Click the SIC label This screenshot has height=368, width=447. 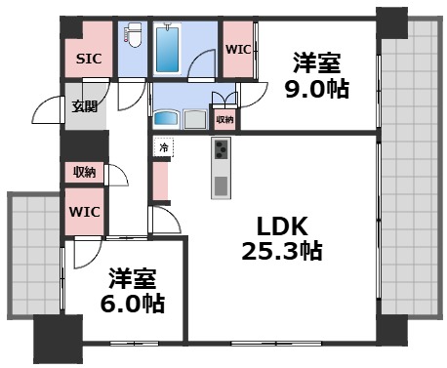point(88,60)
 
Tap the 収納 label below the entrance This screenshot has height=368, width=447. point(83,173)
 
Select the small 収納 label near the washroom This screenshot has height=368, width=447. point(225,119)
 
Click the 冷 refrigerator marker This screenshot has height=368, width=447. point(163,148)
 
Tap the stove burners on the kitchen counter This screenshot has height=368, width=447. point(221,151)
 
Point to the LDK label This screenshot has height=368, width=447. point(282,226)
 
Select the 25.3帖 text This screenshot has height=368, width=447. point(282,250)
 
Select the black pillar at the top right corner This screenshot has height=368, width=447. point(390,20)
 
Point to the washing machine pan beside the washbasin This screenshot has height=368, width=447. point(195,119)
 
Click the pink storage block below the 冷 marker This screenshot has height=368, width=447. point(161,180)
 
